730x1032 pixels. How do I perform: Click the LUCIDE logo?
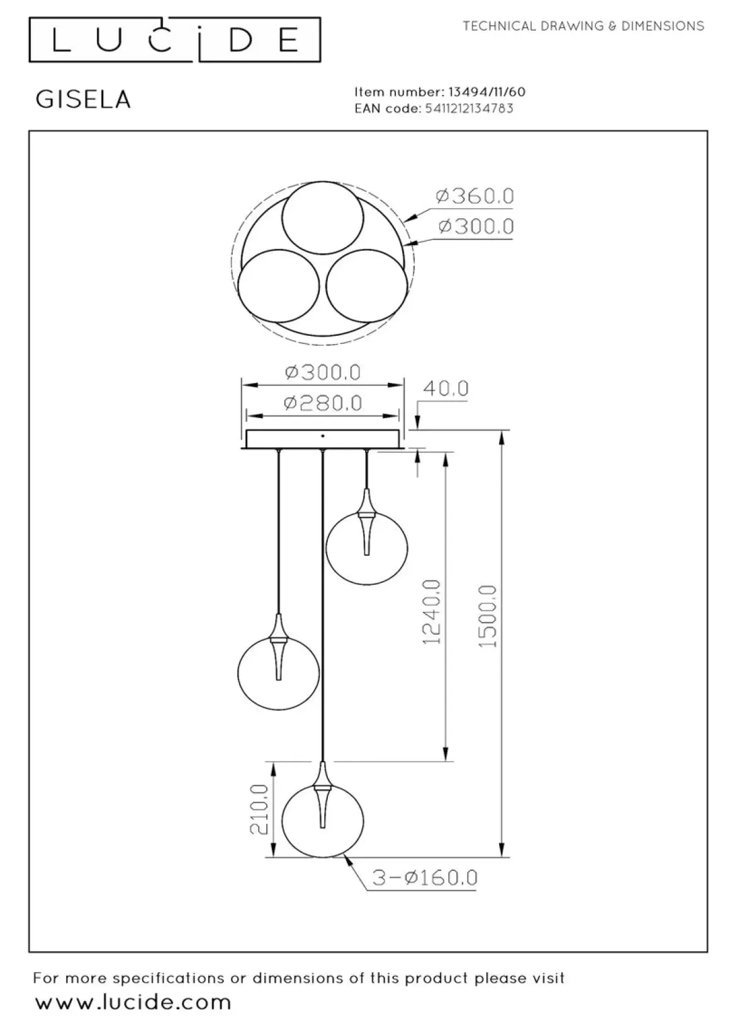[175, 40]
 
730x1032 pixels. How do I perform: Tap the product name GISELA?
[84, 99]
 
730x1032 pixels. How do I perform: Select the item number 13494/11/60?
[486, 92]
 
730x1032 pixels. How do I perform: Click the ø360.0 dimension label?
[474, 196]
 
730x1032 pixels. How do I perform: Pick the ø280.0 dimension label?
[323, 403]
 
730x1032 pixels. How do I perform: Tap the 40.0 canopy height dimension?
[446, 389]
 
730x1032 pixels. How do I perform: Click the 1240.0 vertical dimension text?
[432, 613]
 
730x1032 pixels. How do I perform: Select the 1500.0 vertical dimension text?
[488, 616]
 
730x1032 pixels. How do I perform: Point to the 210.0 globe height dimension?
[259, 809]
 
